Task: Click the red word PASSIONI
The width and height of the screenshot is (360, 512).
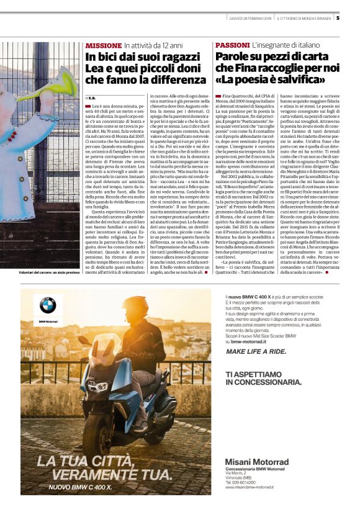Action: click(232, 46)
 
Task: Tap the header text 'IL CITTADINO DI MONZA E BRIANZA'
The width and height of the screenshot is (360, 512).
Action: click(304, 18)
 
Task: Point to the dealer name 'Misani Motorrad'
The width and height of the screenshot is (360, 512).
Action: click(257, 461)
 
